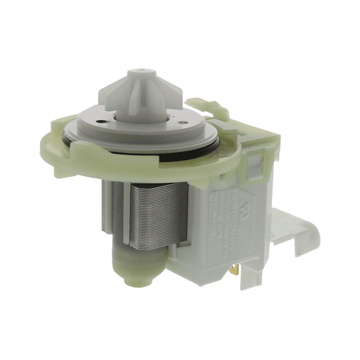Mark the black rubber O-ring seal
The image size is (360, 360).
188,146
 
